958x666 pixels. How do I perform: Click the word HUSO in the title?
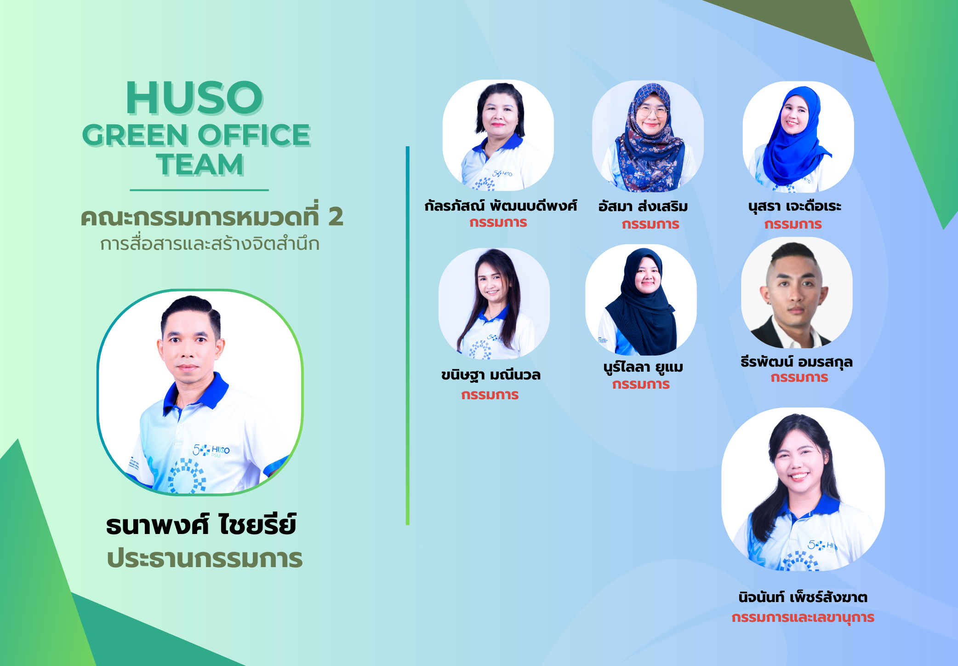194,98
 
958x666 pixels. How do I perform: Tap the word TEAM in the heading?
200,165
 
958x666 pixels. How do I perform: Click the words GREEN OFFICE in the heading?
196,135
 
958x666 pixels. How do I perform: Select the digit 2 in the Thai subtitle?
336,217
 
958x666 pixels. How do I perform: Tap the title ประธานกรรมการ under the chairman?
205,558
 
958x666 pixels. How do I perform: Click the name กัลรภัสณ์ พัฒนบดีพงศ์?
501,205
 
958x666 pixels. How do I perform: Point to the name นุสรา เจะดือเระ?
795,206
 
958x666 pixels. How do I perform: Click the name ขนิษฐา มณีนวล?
491,375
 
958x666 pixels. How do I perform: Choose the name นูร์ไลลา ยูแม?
643,367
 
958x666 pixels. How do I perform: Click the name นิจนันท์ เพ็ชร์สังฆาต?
803,597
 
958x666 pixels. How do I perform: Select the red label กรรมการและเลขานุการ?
803,617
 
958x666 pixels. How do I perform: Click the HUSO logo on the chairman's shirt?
211,450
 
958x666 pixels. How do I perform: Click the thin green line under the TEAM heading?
199,190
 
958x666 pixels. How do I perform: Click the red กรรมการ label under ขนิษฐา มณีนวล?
490,395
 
